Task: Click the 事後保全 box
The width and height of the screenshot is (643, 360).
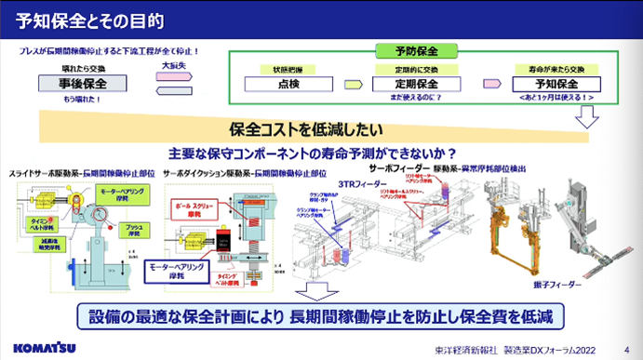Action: [x=84, y=84]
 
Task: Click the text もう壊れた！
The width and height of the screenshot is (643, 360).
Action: [x=83, y=99]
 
